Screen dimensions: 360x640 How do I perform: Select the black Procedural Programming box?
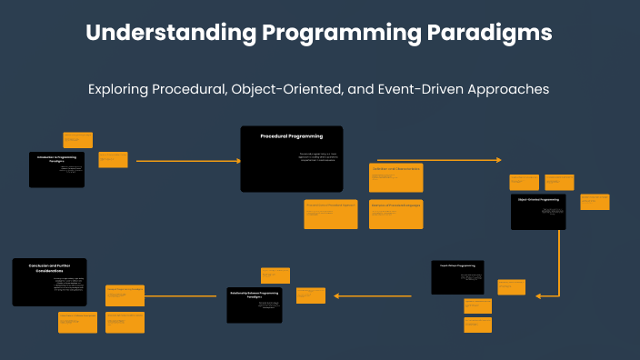pyautogui.click(x=291, y=158)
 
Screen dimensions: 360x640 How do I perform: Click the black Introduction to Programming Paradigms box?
pyautogui.click(x=56, y=169)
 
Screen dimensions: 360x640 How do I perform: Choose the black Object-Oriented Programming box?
pyautogui.click(x=538, y=211)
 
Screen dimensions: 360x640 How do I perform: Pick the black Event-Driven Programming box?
pyautogui.click(x=457, y=277)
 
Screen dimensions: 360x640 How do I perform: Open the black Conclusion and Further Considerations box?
pyautogui.click(x=49, y=282)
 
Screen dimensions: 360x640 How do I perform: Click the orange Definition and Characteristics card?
pyautogui.click(x=395, y=177)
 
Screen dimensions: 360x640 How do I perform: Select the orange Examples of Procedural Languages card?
pyautogui.click(x=395, y=214)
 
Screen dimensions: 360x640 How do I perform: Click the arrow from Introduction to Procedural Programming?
pyautogui.click(x=188, y=161)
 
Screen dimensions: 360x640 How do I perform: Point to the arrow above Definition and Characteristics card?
pyautogui.click(x=438, y=160)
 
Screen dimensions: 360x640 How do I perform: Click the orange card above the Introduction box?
pyautogui.click(x=77, y=140)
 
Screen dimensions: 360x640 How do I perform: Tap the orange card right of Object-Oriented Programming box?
pyautogui.click(x=595, y=202)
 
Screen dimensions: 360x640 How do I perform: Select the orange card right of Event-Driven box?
pyautogui.click(x=512, y=286)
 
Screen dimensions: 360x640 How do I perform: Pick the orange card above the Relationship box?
pyautogui.click(x=275, y=275)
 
